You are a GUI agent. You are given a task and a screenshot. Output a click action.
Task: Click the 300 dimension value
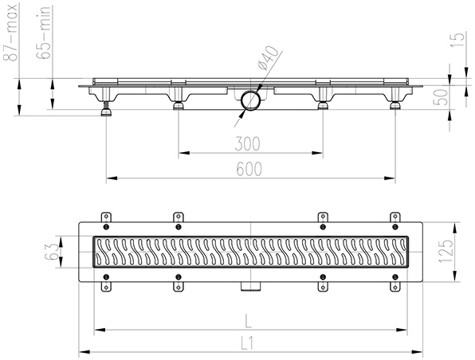pyautogui.click(x=248, y=144)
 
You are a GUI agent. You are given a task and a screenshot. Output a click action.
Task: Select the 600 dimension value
pyautogui.click(x=249, y=169)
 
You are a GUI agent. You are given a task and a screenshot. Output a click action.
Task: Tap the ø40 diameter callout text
pyautogui.click(x=267, y=58)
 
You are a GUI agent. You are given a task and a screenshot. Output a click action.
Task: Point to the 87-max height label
pyautogui.click(x=10, y=33)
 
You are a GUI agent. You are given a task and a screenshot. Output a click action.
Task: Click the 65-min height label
pyautogui.click(x=43, y=33)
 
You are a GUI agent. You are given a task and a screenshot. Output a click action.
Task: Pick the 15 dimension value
pyautogui.click(x=457, y=41)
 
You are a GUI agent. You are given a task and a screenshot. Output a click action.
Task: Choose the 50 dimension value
pyautogui.click(x=442, y=97)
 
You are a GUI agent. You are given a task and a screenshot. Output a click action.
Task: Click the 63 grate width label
pyautogui.click(x=51, y=252)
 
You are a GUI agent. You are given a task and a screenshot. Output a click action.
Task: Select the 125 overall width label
pyautogui.click(x=448, y=252)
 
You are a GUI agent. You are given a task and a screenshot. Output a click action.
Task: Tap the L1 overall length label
pyautogui.click(x=247, y=344)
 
